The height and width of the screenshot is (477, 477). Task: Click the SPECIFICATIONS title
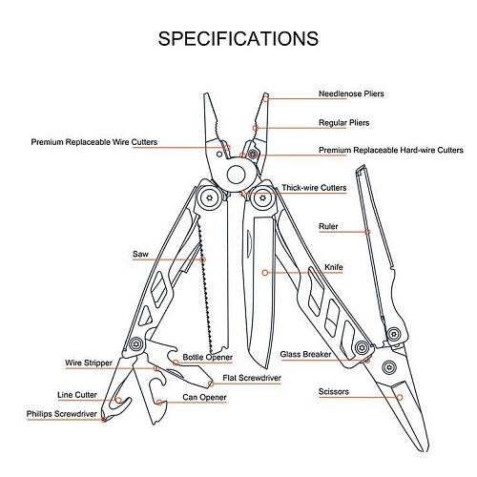pyautogui.click(x=238, y=39)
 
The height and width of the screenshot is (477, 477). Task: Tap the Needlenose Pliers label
pyautogui.click(x=351, y=93)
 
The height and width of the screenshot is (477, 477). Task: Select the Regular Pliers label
pyautogui.click(x=343, y=122)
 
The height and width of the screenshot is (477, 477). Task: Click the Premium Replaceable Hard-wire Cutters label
pyautogui.click(x=391, y=150)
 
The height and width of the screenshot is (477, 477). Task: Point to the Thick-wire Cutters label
pyautogui.click(x=314, y=188)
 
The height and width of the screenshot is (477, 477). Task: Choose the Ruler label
pyautogui.click(x=328, y=226)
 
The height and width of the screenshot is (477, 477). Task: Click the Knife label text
pyautogui.click(x=334, y=267)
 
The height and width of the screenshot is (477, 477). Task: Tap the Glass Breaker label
pyautogui.click(x=305, y=354)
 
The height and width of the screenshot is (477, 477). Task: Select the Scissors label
pyautogui.click(x=334, y=391)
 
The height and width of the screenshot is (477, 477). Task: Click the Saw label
pyautogui.click(x=140, y=254)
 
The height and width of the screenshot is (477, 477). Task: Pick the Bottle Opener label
pyautogui.click(x=208, y=357)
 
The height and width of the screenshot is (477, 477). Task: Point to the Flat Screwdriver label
pyautogui.click(x=252, y=378)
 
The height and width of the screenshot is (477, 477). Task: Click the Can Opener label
pyautogui.click(x=204, y=397)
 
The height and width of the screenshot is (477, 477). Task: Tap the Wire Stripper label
pyautogui.click(x=89, y=363)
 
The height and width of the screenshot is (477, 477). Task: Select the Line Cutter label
pyautogui.click(x=77, y=395)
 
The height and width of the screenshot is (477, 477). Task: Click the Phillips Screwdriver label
pyautogui.click(x=62, y=414)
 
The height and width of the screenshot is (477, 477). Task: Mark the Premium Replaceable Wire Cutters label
pyautogui.click(x=94, y=142)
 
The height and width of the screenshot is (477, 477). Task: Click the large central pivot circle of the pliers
pyautogui.click(x=237, y=175)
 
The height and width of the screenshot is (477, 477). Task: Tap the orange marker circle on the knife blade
pyautogui.click(x=265, y=273)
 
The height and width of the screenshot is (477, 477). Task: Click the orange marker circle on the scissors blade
pyautogui.click(x=400, y=397)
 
